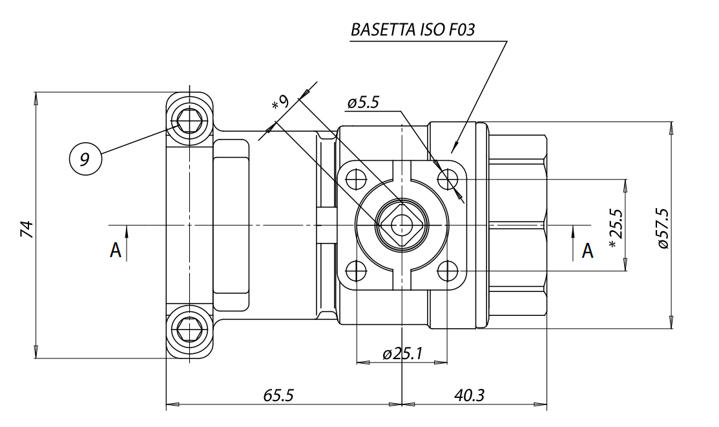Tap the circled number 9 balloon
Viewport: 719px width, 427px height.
(85, 158)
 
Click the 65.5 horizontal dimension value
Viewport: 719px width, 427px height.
(282, 395)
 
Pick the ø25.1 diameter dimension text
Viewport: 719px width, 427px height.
(402, 353)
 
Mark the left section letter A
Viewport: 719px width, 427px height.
(116, 251)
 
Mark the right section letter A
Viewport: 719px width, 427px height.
(587, 251)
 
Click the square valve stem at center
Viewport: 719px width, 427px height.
(401, 225)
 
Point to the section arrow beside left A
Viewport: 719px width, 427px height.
(127, 242)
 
